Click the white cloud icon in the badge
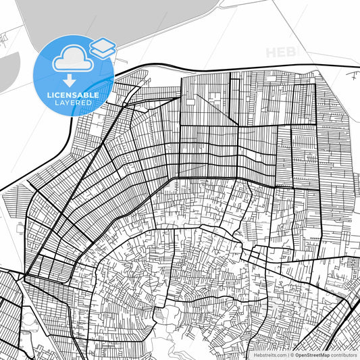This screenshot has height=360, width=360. tap(71, 59)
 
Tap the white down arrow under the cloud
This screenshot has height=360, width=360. tap(70, 80)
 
